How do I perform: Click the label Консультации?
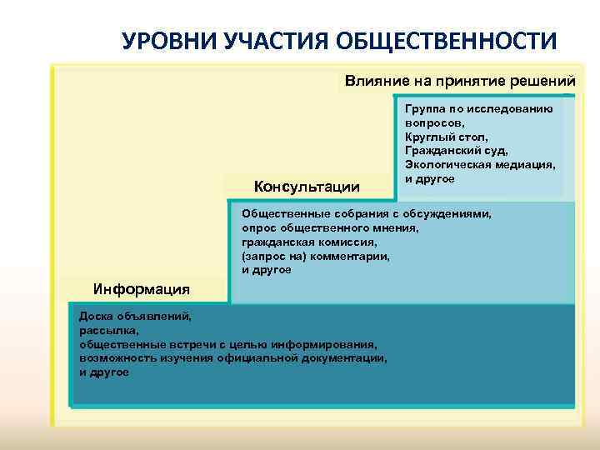(306, 186)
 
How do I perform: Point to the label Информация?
(142, 289)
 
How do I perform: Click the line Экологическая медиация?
(480, 165)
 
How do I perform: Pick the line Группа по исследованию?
(477, 107)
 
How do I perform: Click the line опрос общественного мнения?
(330, 227)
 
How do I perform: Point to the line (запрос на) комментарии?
(314, 257)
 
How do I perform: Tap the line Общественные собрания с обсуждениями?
(366, 213)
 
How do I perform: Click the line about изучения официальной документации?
(232, 358)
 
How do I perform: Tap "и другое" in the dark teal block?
(103, 372)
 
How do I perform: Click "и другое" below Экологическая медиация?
(429, 179)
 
